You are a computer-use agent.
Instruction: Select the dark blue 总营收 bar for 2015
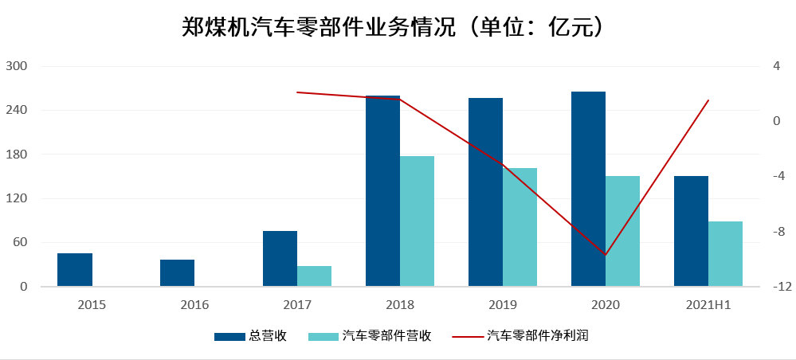click(x=75, y=270)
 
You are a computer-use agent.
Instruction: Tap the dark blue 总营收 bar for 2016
click(x=177, y=273)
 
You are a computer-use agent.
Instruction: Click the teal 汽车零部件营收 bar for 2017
click(x=314, y=276)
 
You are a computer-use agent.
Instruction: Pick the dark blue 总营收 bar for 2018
click(x=382, y=191)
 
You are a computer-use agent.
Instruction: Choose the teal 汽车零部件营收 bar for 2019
click(x=520, y=227)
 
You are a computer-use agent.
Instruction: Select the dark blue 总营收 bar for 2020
click(x=588, y=190)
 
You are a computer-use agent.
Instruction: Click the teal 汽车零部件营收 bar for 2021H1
click(x=725, y=254)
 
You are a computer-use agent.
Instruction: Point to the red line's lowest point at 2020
click(x=606, y=255)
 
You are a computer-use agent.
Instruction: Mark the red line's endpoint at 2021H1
click(x=708, y=100)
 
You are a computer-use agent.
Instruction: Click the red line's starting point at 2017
click(x=297, y=92)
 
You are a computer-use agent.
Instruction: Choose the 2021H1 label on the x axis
click(x=708, y=305)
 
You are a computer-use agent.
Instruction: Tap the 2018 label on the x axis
click(x=400, y=305)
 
